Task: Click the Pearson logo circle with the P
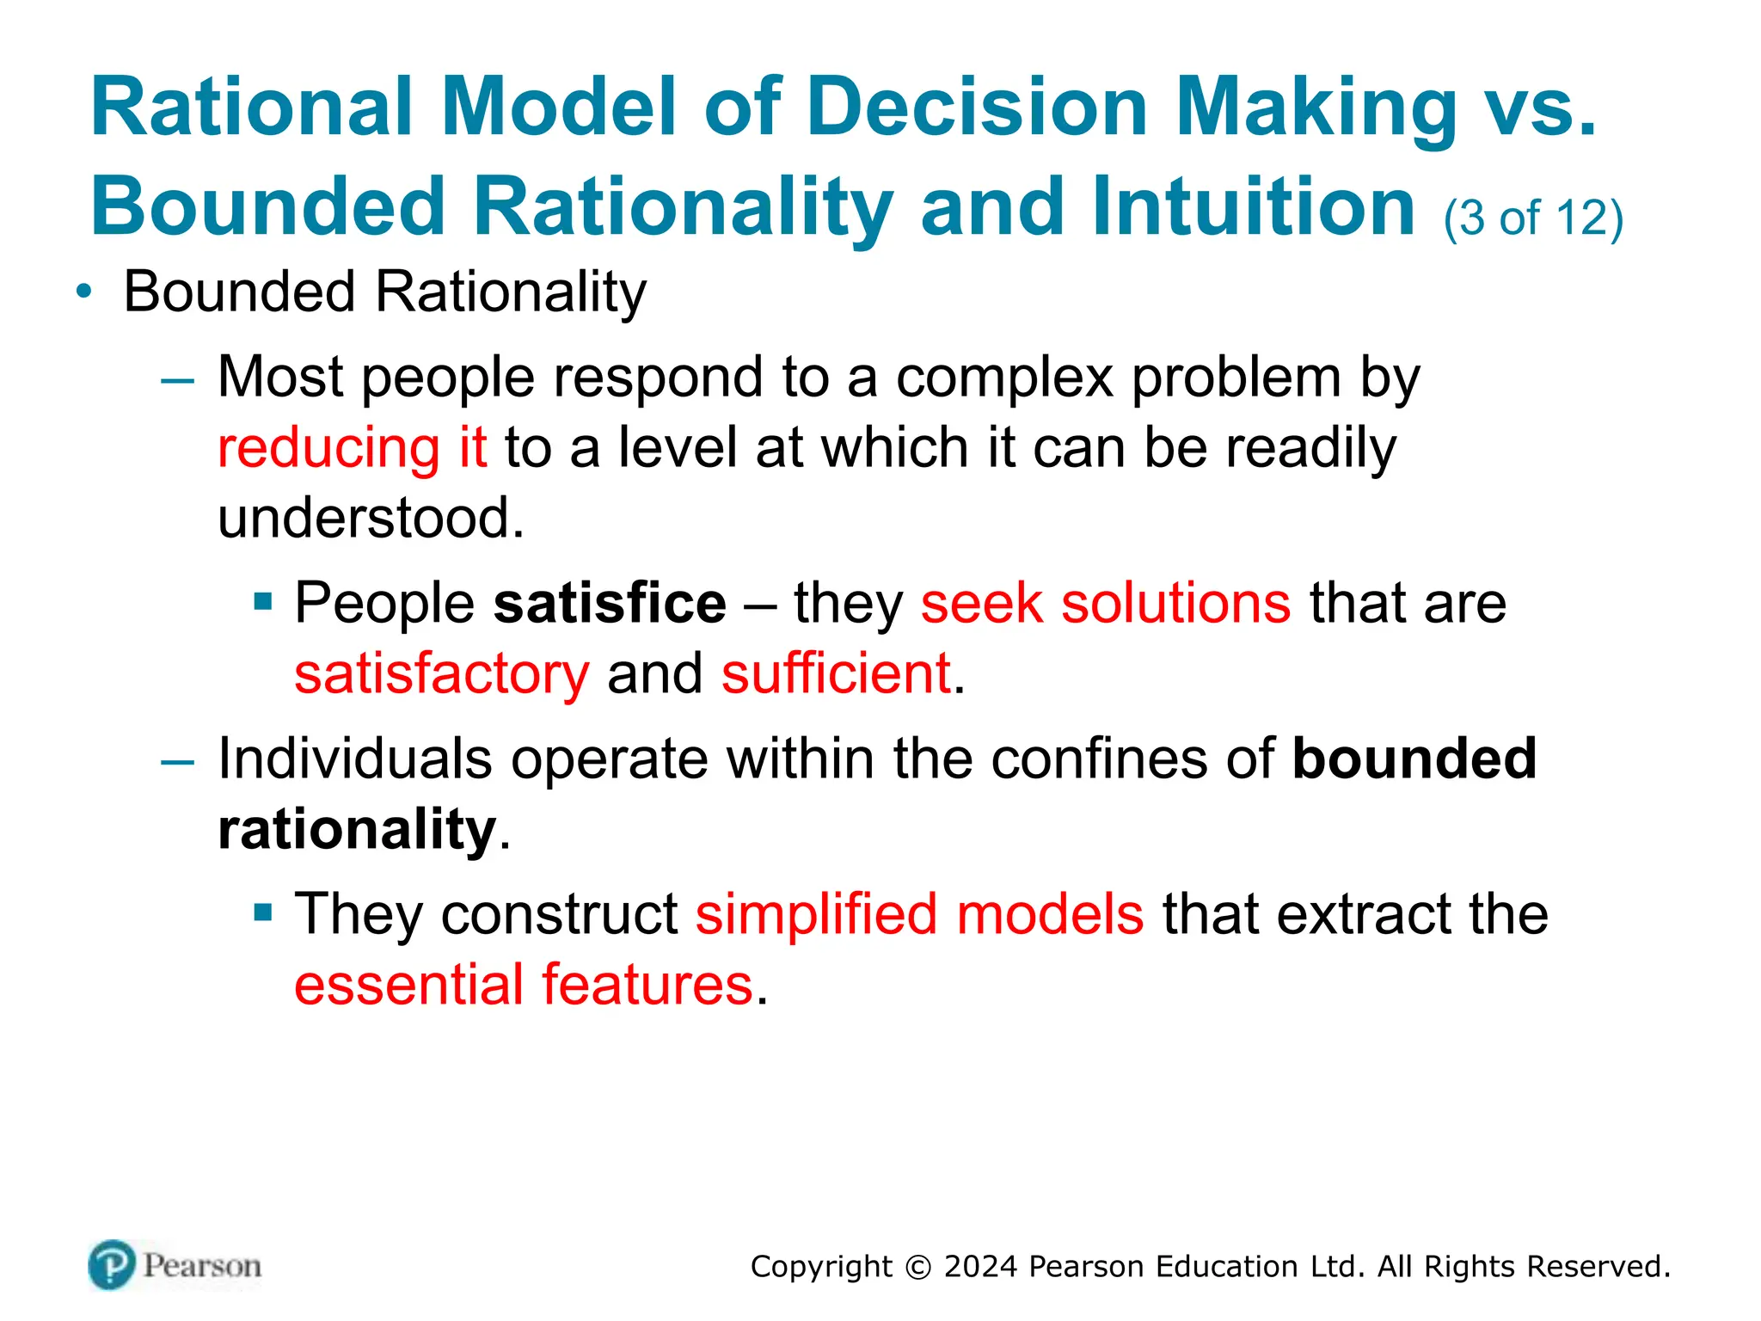click(x=112, y=1265)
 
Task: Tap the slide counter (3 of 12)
click(x=1533, y=218)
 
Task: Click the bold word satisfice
click(x=610, y=603)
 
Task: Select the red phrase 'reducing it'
click(x=353, y=448)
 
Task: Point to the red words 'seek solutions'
click(x=1106, y=603)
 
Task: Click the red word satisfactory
click(x=442, y=673)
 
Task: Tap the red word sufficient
click(x=836, y=673)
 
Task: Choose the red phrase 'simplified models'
click(x=919, y=914)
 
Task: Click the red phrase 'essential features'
click(x=524, y=985)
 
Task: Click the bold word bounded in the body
click(x=1414, y=759)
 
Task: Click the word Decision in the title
click(x=978, y=107)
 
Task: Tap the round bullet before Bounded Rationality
click(x=83, y=292)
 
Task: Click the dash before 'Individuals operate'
click(x=178, y=761)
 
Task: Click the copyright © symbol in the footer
click(x=918, y=1268)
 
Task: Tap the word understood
click(x=370, y=519)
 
